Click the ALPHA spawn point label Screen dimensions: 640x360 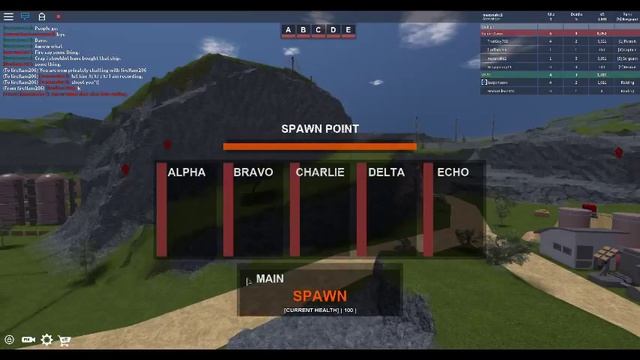pyautogui.click(x=186, y=172)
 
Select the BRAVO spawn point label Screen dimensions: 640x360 pyautogui.click(x=253, y=172)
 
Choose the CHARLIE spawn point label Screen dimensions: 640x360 pyautogui.click(x=320, y=172)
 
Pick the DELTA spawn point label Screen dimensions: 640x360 pyautogui.click(x=386, y=172)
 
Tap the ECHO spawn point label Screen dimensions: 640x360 pyautogui.click(x=453, y=172)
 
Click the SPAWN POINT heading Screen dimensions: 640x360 pyautogui.click(x=320, y=129)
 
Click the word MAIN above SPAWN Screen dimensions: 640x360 pyautogui.click(x=270, y=279)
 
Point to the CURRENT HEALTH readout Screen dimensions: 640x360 pyautogui.click(x=320, y=310)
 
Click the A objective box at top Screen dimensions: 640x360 pyautogui.click(x=289, y=30)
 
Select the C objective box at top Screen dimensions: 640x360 pyautogui.click(x=319, y=30)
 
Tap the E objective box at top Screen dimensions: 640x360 pyautogui.click(x=348, y=30)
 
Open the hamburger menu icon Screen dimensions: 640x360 pyautogui.click(x=9, y=17)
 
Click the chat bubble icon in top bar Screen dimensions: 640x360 pyautogui.click(x=26, y=17)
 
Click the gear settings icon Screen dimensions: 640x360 pyautogui.click(x=47, y=340)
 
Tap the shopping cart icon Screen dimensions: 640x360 pyautogui.click(x=64, y=340)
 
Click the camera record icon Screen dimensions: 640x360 pyautogui.click(x=28, y=340)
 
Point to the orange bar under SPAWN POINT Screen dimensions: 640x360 pyautogui.click(x=320, y=146)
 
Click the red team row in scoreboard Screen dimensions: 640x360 pyautogui.click(x=558, y=33)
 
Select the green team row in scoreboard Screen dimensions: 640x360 pyautogui.click(x=558, y=74)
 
